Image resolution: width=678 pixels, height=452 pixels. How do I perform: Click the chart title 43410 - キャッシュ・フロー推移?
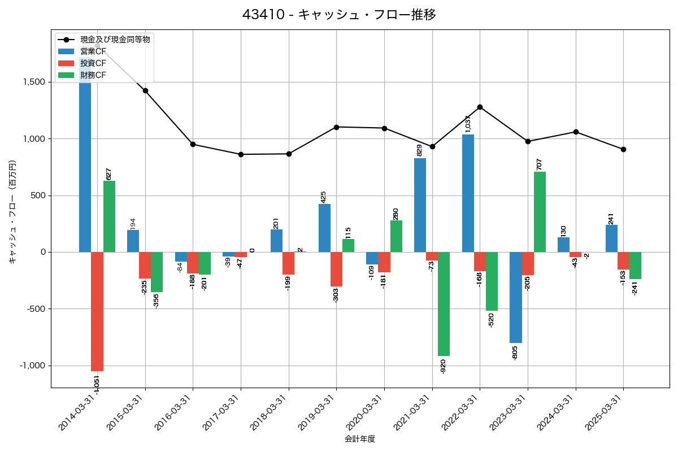[339, 15]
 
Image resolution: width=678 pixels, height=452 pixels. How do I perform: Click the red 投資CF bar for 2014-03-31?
[97, 311]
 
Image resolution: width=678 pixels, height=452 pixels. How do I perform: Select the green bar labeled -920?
[444, 304]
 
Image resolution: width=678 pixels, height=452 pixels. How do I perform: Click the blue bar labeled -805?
[515, 297]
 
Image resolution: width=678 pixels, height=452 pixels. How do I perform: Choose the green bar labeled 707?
[540, 212]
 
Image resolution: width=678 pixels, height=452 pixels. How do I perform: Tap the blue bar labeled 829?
[420, 205]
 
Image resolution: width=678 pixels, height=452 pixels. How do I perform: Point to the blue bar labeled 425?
[324, 228]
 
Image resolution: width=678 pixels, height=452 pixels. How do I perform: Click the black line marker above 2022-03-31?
[480, 107]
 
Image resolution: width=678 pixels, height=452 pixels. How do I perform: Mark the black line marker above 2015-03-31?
[145, 90]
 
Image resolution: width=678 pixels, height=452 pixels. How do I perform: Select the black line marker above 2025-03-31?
[623, 149]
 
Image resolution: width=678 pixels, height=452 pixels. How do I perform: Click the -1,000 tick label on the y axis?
[33, 366]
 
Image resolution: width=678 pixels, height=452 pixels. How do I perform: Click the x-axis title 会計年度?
[360, 439]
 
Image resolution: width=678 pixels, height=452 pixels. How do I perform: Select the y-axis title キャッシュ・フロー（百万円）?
[12, 212]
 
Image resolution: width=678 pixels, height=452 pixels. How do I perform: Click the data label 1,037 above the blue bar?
[468, 124]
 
